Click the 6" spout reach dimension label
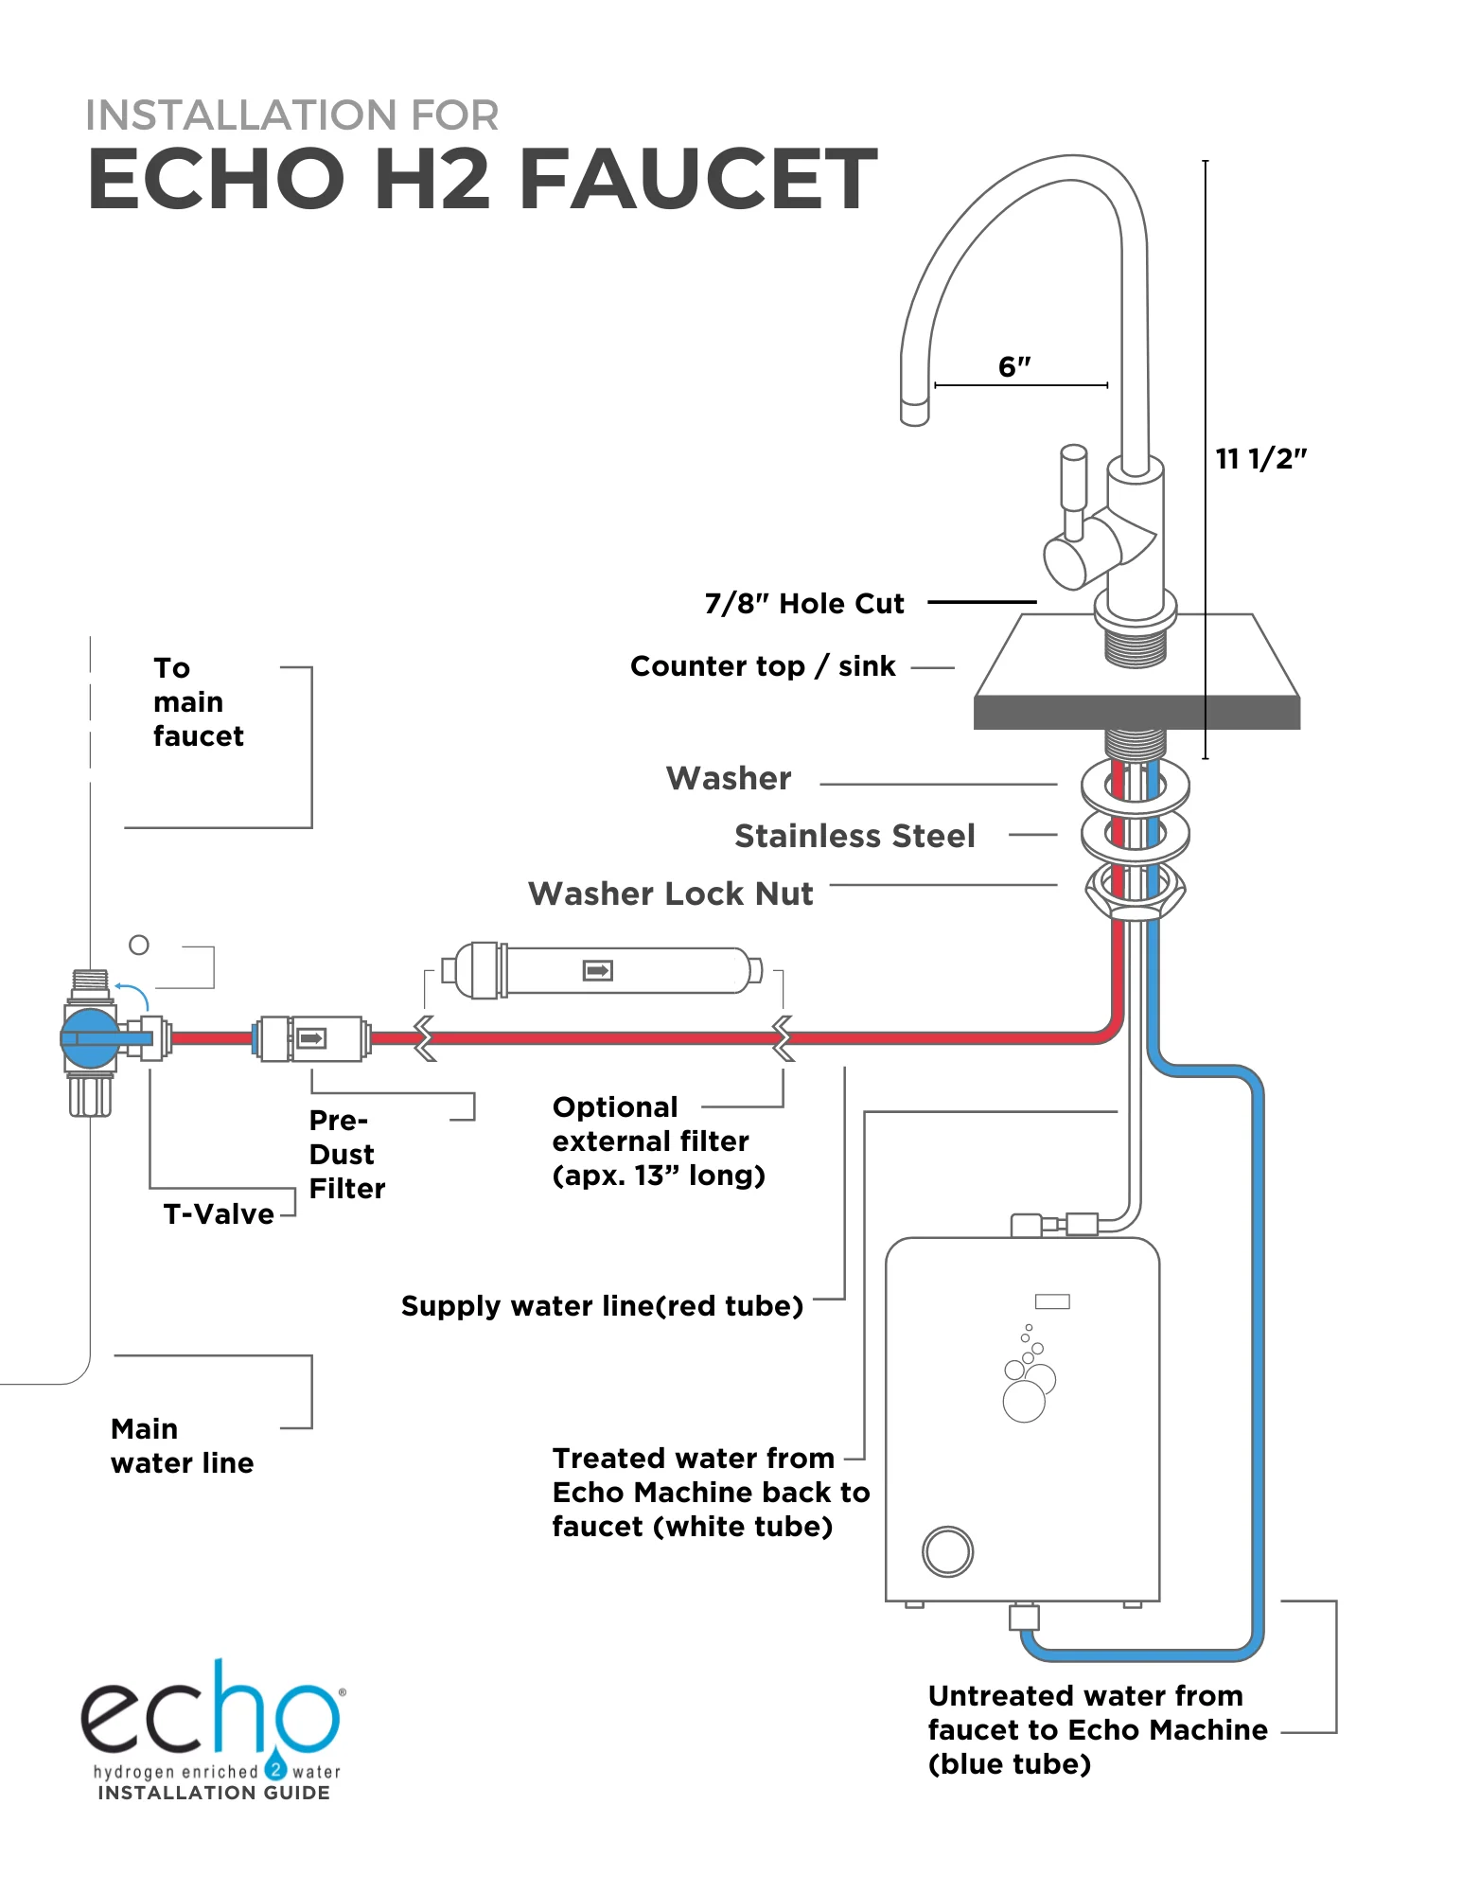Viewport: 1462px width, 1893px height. tap(1014, 366)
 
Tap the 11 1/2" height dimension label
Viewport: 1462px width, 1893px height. tap(1260, 459)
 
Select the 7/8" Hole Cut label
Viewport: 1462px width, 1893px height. tap(804, 604)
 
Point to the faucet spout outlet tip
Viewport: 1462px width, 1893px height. tap(914, 414)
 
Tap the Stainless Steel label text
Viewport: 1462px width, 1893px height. tap(854, 836)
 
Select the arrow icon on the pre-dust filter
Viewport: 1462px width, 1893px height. tap(311, 1038)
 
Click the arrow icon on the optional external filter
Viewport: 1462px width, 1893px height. tap(597, 970)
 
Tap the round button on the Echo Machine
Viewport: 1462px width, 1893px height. tap(947, 1551)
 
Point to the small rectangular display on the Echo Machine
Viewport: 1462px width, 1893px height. tap(1051, 1301)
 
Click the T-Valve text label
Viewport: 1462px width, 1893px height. tap(219, 1214)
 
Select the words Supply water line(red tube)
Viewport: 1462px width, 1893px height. tap(602, 1306)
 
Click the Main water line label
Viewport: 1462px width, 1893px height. tap(181, 1445)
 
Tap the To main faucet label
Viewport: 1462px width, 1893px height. tap(197, 702)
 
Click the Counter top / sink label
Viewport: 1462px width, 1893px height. tap(763, 666)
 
